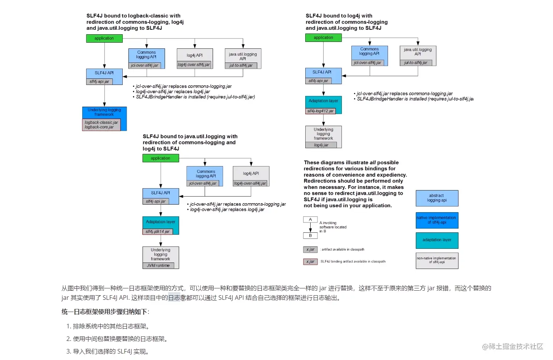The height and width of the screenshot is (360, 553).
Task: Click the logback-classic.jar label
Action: (101, 122)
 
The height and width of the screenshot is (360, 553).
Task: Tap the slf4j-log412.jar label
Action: (321, 111)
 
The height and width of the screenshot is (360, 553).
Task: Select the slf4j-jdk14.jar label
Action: (157, 232)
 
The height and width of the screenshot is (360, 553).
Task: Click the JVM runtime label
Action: (158, 266)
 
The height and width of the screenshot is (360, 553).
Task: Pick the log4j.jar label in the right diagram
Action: (321, 145)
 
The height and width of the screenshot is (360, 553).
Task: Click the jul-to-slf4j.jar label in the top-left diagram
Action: (241, 66)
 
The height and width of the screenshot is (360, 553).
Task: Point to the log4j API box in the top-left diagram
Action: (194, 56)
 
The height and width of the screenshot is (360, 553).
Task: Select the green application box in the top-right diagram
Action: (323, 38)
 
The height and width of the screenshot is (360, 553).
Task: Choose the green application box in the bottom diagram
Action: (160, 158)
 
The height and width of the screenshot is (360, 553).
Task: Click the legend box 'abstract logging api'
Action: (437, 198)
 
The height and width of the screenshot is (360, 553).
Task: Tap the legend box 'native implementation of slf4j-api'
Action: (437, 220)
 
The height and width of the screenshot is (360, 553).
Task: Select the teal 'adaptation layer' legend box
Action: (437, 240)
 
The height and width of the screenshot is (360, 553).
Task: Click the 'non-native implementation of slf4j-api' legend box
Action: (437, 261)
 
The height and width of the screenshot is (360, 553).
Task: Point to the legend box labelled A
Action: (310, 219)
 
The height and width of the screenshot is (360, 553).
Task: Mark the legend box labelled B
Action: (310, 235)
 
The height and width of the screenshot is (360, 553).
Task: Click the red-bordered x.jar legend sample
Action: (310, 262)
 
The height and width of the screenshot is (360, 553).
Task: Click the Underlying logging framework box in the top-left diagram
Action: (104, 112)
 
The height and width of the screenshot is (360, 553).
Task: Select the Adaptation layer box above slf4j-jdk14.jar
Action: (160, 222)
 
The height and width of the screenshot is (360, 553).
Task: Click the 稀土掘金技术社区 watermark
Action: (513, 346)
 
